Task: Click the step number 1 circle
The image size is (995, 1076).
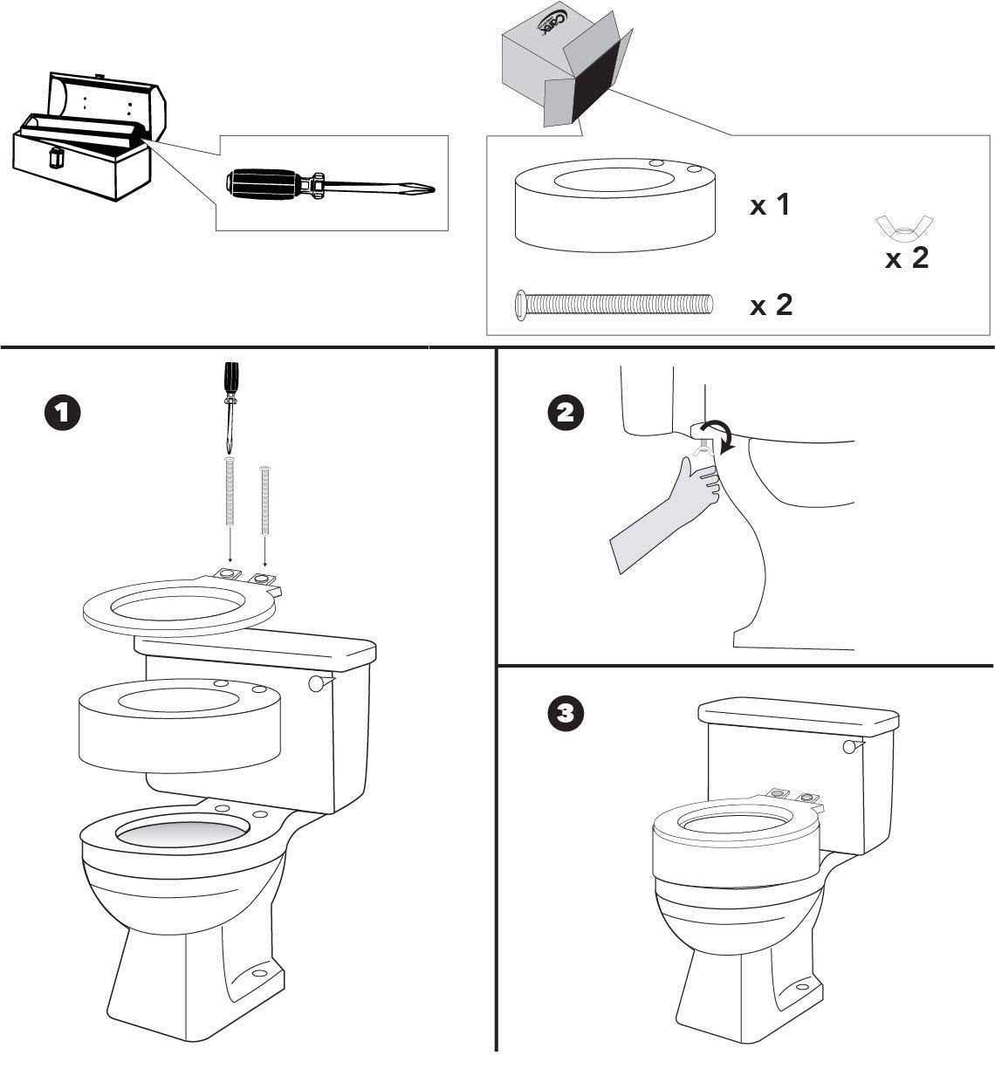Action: click(x=63, y=413)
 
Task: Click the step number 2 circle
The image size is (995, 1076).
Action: click(x=566, y=413)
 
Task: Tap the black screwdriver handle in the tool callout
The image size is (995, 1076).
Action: click(x=262, y=183)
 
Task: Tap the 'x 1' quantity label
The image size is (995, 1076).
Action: click(x=770, y=205)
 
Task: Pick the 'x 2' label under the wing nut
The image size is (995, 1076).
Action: click(x=907, y=258)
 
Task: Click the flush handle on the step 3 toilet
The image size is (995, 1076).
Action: click(x=851, y=746)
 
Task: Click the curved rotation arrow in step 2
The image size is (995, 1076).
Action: click(x=722, y=434)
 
